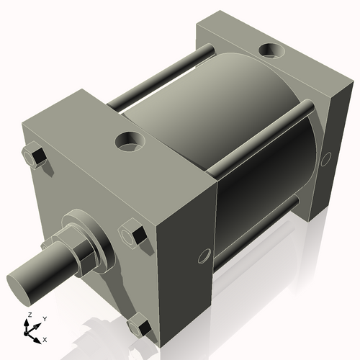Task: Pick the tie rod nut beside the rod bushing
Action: click(134, 235)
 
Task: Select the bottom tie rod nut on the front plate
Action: click(141, 328)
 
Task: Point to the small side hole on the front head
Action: click(204, 256)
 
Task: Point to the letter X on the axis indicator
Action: click(45, 338)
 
